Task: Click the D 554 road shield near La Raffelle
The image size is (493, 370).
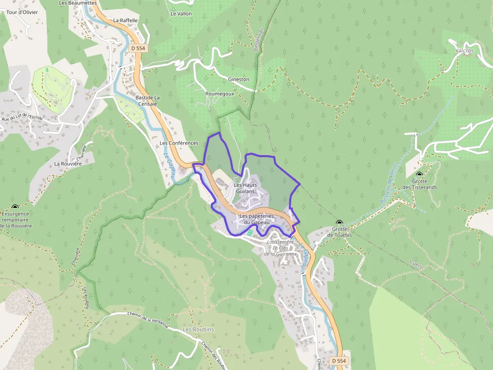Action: pyautogui.click(x=137, y=48)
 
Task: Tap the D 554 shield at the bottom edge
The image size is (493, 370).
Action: pyautogui.click(x=339, y=361)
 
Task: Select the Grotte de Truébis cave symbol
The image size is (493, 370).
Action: pyautogui.click(x=340, y=222)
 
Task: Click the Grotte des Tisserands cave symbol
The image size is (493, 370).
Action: pyautogui.click(x=419, y=175)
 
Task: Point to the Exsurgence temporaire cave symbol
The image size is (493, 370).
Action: pyautogui.click(x=15, y=207)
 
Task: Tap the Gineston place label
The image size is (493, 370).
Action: pyautogui.click(x=238, y=79)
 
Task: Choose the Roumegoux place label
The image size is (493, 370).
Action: pyautogui.click(x=220, y=94)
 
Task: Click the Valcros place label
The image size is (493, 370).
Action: pyautogui.click(x=464, y=51)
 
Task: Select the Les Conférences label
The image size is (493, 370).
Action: pyautogui.click(x=179, y=143)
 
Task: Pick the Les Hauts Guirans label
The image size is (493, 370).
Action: pyautogui.click(x=245, y=188)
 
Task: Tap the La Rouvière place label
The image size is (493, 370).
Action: pyautogui.click(x=67, y=164)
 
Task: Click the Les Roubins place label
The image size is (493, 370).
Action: pyautogui.click(x=198, y=329)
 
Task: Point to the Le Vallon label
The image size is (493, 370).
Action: pyautogui.click(x=181, y=14)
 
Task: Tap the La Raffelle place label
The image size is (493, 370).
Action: pyautogui.click(x=125, y=21)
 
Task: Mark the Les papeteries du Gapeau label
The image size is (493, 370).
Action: pyautogui.click(x=257, y=219)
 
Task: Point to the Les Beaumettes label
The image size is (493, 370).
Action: pyautogui.click(x=77, y=3)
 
